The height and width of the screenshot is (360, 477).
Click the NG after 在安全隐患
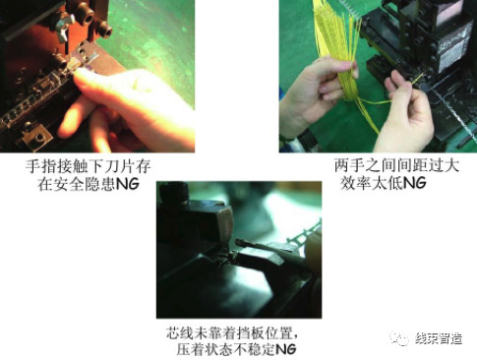pos(128,184)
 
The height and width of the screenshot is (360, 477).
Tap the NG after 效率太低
pos(414,183)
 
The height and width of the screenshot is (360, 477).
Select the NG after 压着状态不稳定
pos(285,349)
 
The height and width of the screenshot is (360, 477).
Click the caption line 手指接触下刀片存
pos(89,166)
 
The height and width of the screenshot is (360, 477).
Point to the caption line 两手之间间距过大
pos(396,165)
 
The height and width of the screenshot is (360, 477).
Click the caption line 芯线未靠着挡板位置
pos(232,333)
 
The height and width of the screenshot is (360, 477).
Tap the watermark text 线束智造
pos(439,338)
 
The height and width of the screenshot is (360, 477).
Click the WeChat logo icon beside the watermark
pos(399,338)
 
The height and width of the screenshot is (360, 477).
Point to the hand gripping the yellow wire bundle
pos(315,91)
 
